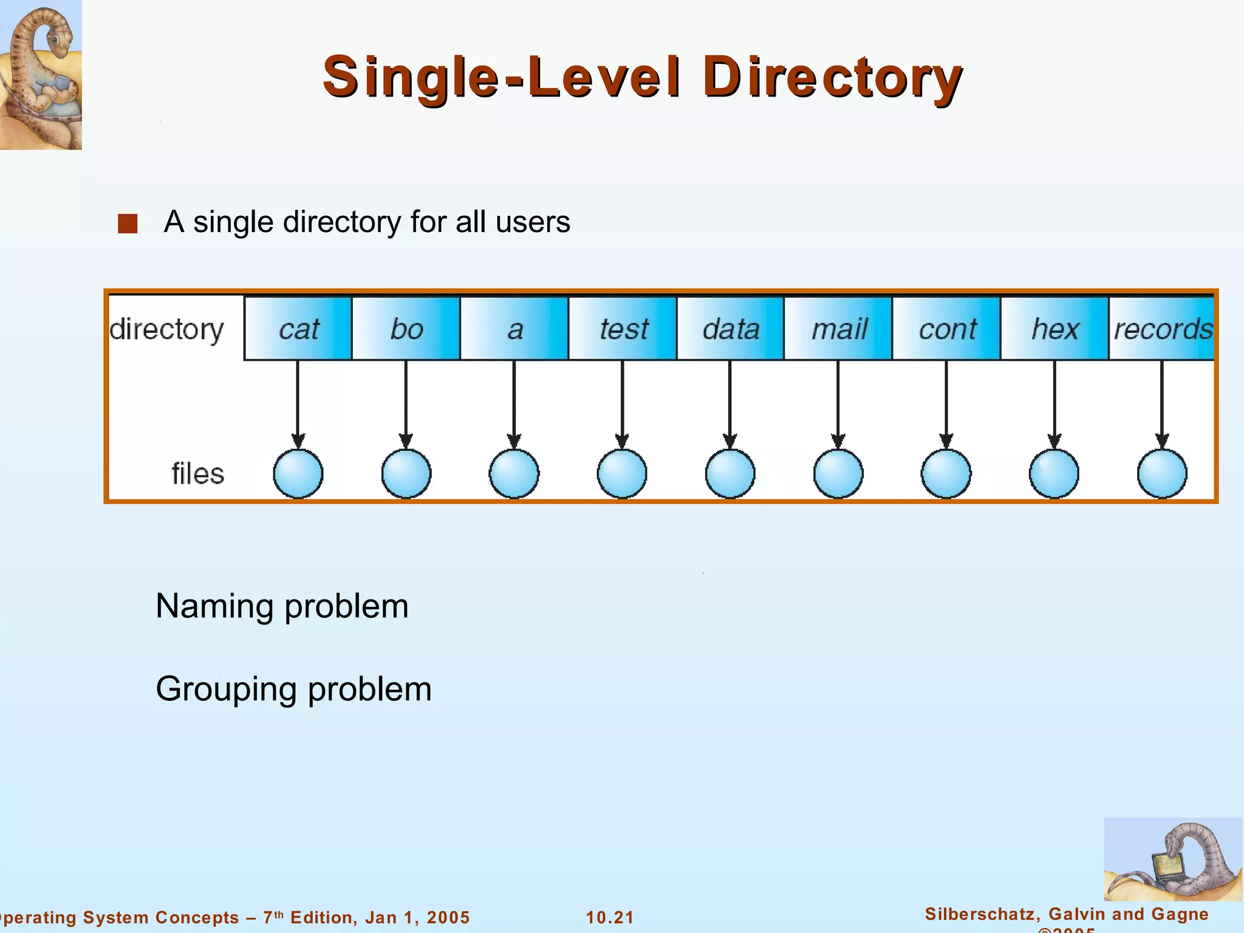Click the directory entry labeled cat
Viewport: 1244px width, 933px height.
coord(298,329)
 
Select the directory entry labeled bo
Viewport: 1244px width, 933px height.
coord(406,329)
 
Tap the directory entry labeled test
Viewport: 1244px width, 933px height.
coord(623,329)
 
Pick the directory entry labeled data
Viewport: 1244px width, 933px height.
coord(731,329)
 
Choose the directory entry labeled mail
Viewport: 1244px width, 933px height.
coord(839,329)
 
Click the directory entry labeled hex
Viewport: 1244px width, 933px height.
coord(1055,329)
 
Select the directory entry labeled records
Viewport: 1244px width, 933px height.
coord(1162,329)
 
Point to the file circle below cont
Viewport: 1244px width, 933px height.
coord(946,474)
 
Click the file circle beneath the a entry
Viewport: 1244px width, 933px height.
coord(514,474)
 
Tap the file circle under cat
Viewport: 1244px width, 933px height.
coord(298,474)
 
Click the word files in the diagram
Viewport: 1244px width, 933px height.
coord(197,474)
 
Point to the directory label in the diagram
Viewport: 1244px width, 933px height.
coord(166,330)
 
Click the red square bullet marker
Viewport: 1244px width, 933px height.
coord(128,224)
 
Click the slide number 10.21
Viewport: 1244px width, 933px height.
coord(610,917)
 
